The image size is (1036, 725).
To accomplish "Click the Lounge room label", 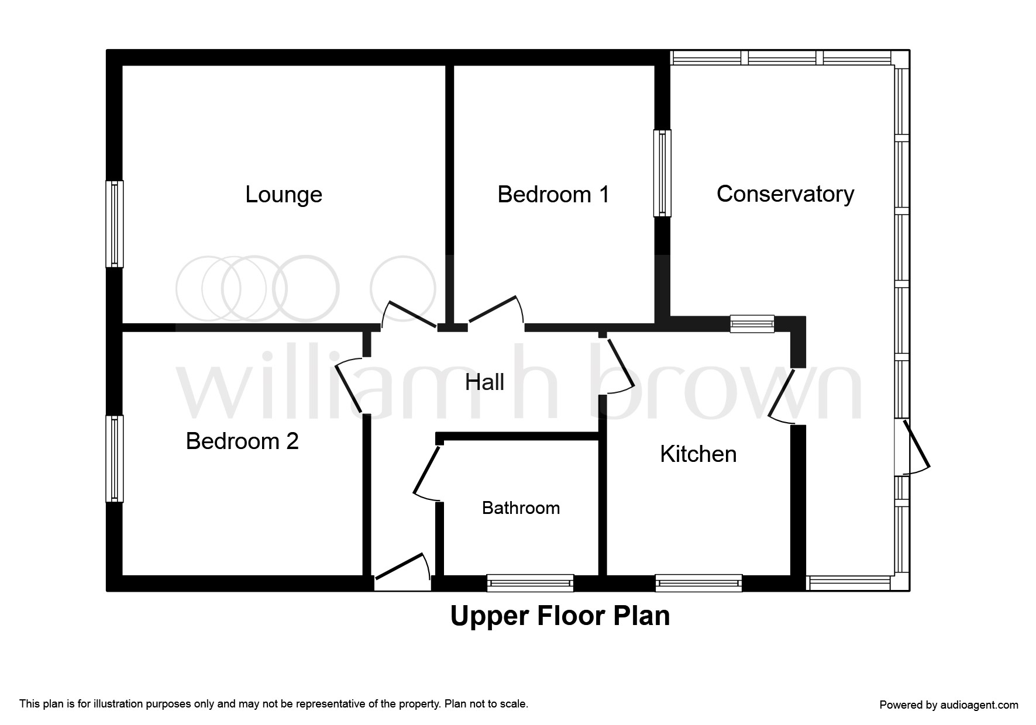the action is (x=284, y=195).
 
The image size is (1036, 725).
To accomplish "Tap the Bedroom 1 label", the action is (x=553, y=194).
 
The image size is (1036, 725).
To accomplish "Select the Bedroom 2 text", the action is (x=242, y=441).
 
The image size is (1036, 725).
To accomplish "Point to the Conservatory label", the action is (x=785, y=194).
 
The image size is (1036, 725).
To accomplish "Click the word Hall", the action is (x=484, y=382).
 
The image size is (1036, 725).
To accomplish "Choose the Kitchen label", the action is (x=698, y=454).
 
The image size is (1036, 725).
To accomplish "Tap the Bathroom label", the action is (x=521, y=508).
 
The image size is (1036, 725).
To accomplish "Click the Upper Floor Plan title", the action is (x=560, y=616).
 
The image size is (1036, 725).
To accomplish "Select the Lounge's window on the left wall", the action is (x=115, y=224).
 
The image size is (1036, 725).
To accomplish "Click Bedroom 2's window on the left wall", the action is (x=115, y=458).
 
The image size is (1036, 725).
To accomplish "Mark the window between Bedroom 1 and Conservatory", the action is (x=662, y=173).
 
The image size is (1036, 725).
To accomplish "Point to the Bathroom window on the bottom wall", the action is (x=530, y=583).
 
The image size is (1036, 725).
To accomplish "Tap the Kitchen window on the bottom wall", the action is (x=698, y=583).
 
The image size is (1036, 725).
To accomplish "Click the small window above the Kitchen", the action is (x=752, y=324).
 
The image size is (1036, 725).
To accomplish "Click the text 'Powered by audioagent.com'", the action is (x=949, y=705).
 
